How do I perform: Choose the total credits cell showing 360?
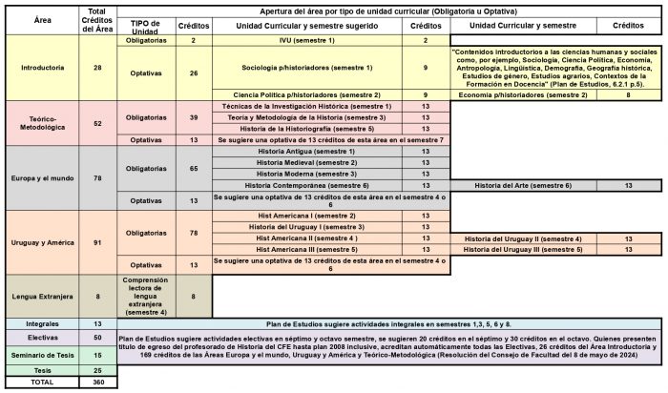97,382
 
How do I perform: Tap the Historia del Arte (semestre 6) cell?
523,185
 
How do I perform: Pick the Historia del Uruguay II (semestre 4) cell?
523,238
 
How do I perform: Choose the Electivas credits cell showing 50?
97,338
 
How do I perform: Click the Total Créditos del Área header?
97,18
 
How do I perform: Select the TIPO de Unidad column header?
148,25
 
